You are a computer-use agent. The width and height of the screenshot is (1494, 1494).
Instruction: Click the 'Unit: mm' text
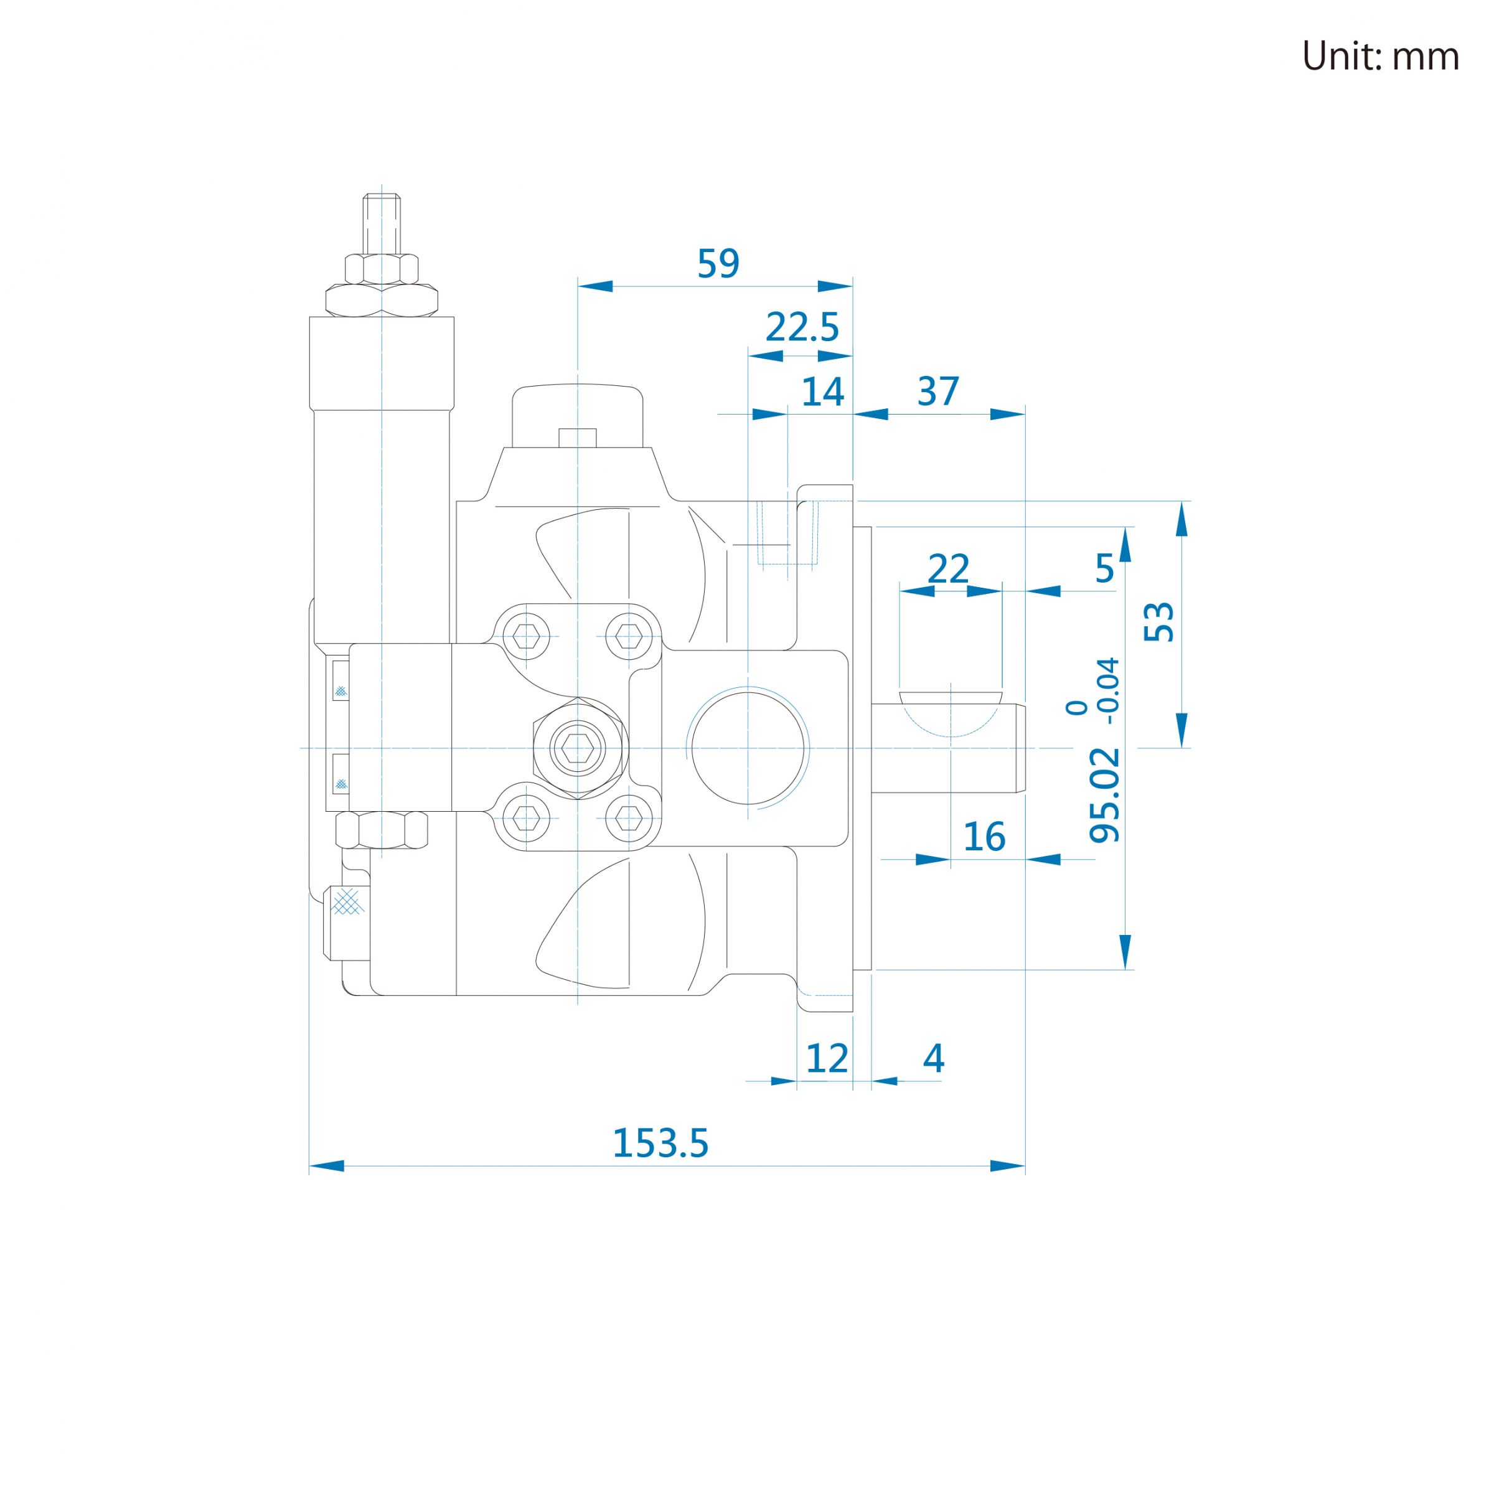(1380, 57)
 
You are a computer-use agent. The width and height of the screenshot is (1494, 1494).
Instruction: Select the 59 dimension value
(718, 264)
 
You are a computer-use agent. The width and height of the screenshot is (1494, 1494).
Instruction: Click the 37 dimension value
(938, 392)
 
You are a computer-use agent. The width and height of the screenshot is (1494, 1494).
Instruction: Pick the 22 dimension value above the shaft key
(948, 569)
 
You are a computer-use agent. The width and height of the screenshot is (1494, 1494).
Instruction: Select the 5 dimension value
(1104, 569)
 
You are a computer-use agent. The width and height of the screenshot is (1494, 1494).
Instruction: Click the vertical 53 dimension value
(1159, 622)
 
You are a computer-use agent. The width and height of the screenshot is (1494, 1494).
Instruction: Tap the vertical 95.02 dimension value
(1104, 795)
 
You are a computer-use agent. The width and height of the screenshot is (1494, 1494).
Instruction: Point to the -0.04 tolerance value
(1109, 690)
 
